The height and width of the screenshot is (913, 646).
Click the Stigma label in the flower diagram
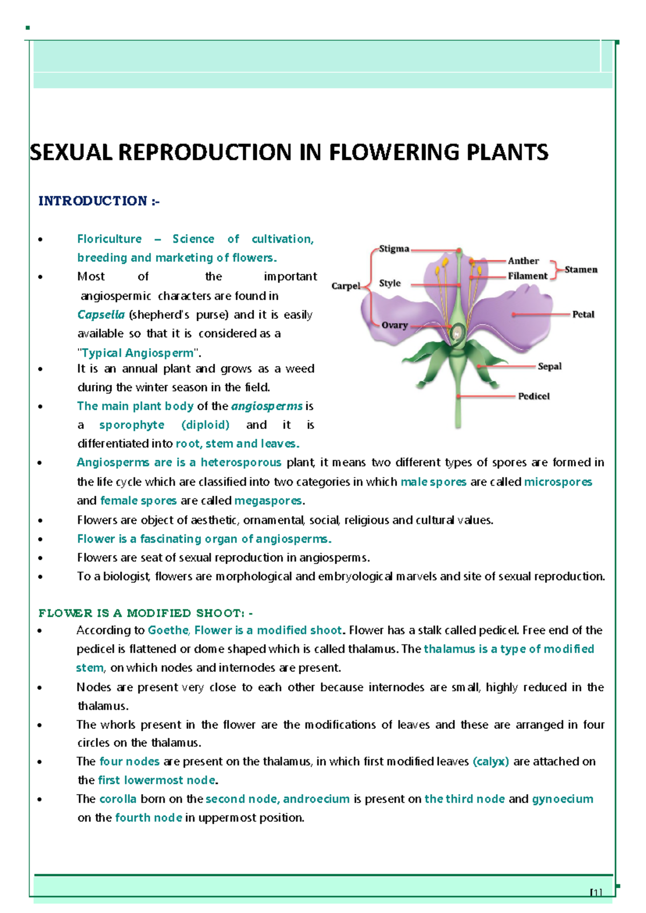tap(394, 249)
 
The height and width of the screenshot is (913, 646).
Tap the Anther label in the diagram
tap(523, 261)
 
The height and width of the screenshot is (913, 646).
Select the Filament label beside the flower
tap(528, 276)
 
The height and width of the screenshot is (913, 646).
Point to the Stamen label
tap(581, 270)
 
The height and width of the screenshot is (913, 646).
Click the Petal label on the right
tap(583, 314)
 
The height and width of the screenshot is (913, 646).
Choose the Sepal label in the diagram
tap(550, 367)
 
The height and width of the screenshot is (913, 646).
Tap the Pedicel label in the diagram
tap(534, 396)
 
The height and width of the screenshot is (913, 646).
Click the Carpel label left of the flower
tap(346, 286)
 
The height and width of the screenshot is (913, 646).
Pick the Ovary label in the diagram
tap(395, 325)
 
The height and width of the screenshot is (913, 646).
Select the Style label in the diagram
tap(390, 283)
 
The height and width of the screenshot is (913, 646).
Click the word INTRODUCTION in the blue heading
tap(93, 201)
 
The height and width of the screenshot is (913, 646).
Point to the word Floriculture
tap(109, 239)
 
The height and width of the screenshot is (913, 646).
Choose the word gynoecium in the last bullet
tap(563, 799)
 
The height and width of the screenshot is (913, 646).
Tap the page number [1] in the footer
tap(595, 892)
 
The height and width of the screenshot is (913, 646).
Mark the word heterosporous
tap(241, 462)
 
